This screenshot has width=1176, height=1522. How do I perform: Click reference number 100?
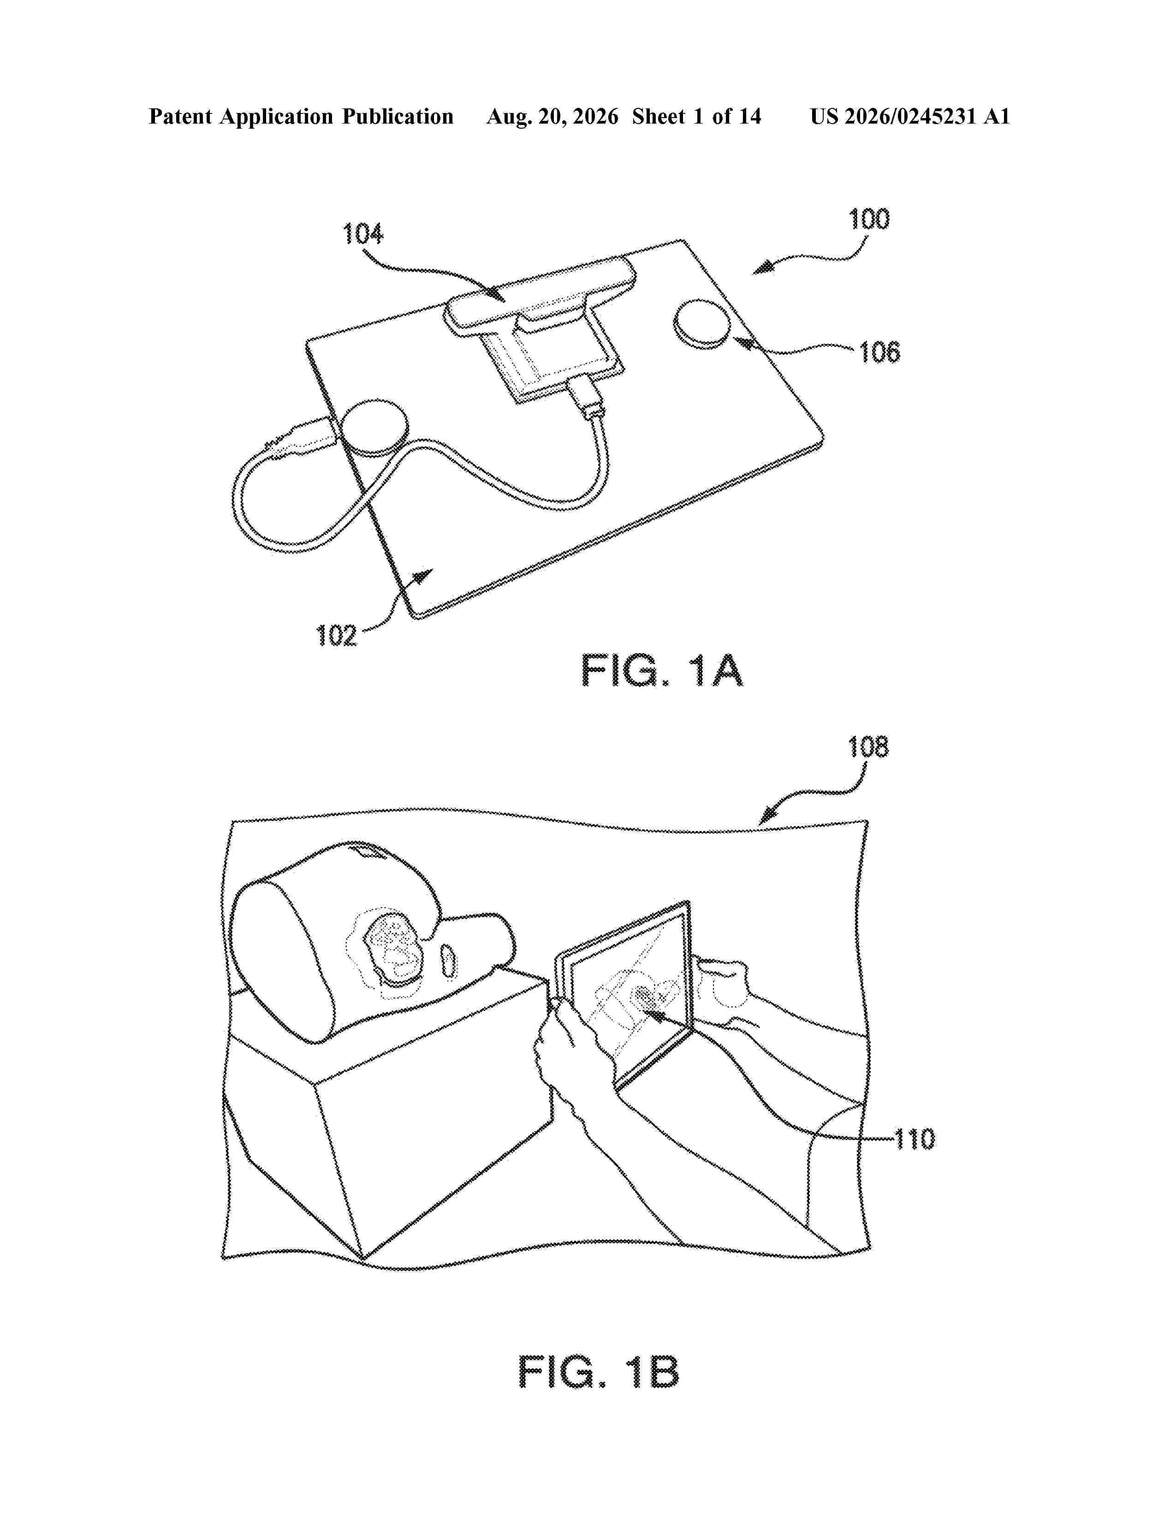(x=869, y=220)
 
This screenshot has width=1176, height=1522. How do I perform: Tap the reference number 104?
(x=363, y=234)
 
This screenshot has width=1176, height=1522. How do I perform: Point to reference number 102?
(x=337, y=636)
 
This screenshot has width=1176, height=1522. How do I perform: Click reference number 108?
(x=868, y=748)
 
